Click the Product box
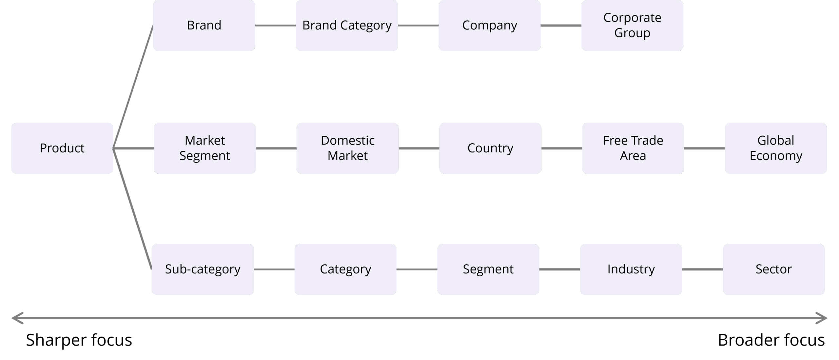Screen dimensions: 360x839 pos(62,148)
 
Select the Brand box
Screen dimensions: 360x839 pos(204,25)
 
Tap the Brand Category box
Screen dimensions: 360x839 pos(347,25)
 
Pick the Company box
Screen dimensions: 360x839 pos(490,25)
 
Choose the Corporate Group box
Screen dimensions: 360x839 pos(632,25)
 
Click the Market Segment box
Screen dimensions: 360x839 pos(205,148)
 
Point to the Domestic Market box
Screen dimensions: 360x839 pos(347,148)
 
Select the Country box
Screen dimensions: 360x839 pos(490,148)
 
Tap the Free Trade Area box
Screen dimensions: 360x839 pos(633,148)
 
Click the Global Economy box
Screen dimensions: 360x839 pos(776,148)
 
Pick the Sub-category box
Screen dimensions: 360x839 pos(203,269)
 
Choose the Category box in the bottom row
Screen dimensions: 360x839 pos(345,269)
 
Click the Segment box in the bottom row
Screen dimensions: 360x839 pos(488,269)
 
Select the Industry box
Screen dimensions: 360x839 pos(631,269)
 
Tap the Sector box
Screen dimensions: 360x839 pos(773,269)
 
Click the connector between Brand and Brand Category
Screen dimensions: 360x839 pos(275,25)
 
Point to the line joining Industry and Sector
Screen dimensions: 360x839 pos(702,270)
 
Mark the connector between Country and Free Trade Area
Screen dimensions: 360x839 pos(562,148)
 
